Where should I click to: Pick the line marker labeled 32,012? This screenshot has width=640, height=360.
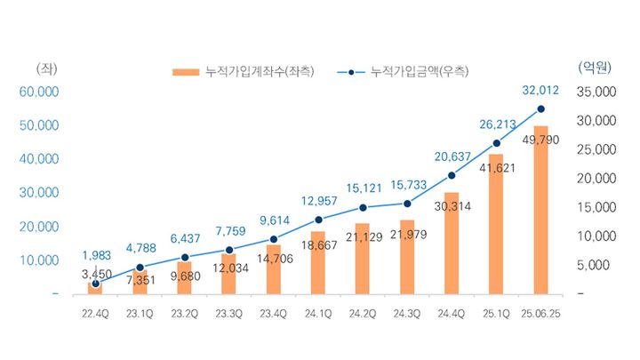tap(541, 109)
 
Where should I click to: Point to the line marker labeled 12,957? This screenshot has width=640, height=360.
tap(317, 220)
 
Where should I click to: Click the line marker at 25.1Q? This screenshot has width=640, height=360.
tap(496, 143)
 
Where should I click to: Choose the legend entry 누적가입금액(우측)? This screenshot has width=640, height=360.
tap(404, 70)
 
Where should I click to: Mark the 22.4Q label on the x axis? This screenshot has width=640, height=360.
tap(94, 313)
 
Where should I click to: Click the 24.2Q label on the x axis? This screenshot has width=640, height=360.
tap(362, 313)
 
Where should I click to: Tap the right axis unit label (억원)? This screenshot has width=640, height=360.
tap(593, 68)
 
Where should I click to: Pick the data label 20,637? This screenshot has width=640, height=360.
tap(452, 157)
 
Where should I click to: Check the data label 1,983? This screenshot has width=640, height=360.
tap(95, 255)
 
